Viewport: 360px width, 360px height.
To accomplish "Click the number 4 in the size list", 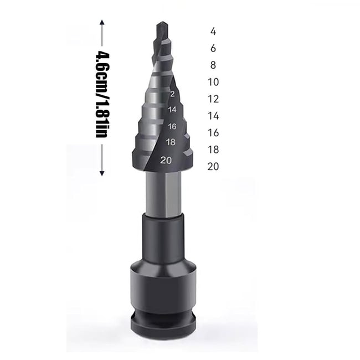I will pos(213,31).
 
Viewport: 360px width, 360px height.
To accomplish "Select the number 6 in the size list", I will pos(213,48).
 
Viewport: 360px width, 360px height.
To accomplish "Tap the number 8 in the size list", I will pos(213,65).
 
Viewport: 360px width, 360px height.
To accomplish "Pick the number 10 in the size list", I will pos(213,82).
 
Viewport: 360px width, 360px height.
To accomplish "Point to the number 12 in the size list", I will pos(213,99).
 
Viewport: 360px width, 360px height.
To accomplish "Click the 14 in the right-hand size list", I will pos(213,116).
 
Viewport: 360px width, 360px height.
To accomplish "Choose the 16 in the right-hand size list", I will pos(213,132).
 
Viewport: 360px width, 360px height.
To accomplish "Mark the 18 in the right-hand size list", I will pos(213,150).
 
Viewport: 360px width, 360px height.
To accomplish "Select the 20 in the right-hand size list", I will pos(213,166).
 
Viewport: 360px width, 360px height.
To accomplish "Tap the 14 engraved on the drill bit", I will pos(172,110).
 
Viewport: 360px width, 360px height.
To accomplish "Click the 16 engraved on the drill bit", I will pos(172,126).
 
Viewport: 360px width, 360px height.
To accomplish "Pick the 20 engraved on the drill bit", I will pos(165,161).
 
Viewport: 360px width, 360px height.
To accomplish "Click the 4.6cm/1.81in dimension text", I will pos(101,95).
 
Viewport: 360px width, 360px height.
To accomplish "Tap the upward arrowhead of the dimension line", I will pos(101,22).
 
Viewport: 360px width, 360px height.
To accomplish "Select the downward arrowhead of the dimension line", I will pos(101,173).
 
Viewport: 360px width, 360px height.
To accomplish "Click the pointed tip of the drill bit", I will pos(161,24).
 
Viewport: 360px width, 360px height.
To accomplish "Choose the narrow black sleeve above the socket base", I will pos(164,238).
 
